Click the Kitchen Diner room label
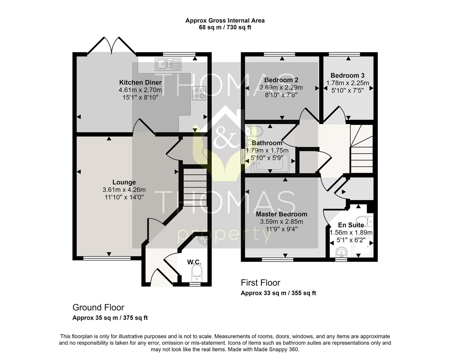coord(140,83)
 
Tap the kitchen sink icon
coord(168,64)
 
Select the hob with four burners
coord(199,93)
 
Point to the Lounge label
coord(124,182)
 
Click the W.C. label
coord(194,262)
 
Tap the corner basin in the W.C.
coord(202,241)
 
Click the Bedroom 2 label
coord(281,80)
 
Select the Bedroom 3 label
coord(347,75)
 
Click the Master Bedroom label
coord(282,214)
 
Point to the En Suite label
coord(351,225)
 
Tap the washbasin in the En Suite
coord(341,252)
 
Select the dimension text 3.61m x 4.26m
coord(124,190)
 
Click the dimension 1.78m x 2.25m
coord(348,83)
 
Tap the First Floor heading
coord(260,283)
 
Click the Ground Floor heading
coord(98,308)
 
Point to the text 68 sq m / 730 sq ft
coord(225,27)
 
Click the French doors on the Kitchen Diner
coord(111,45)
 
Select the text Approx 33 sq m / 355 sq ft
coord(278,293)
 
